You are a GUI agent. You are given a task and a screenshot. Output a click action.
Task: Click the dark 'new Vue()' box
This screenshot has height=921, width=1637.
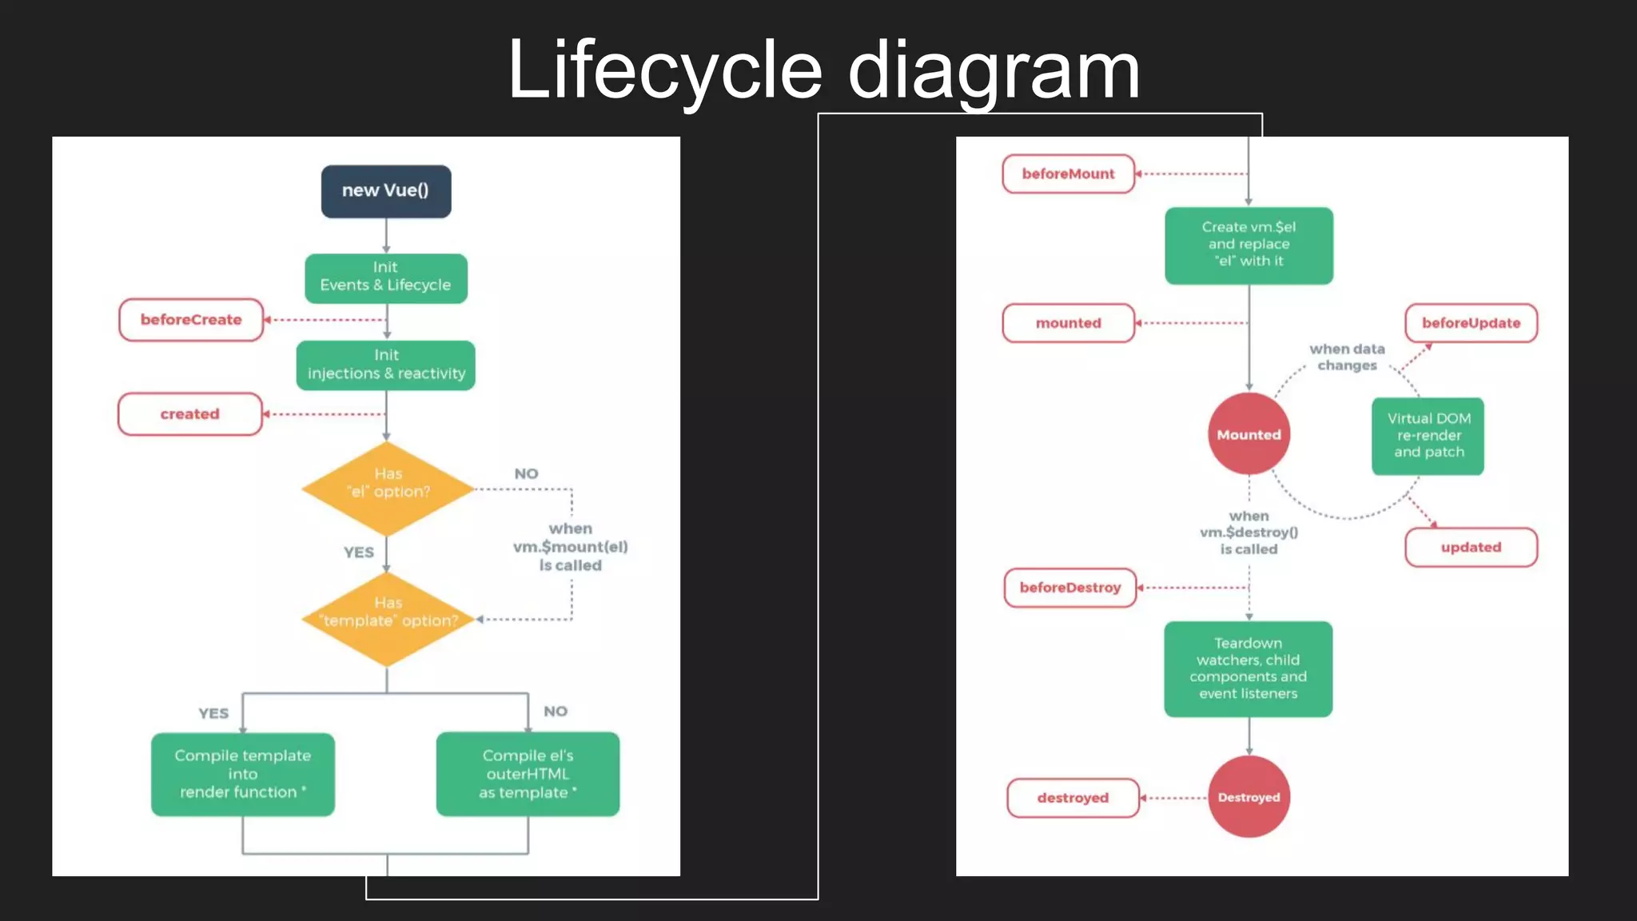[x=386, y=191]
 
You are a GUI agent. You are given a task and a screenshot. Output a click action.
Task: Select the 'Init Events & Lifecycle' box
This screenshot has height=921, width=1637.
[x=386, y=277]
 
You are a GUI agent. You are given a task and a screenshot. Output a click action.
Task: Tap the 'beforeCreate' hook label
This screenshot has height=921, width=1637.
[x=191, y=320]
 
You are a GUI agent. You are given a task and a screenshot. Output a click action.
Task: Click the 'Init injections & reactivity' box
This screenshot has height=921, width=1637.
[x=386, y=365]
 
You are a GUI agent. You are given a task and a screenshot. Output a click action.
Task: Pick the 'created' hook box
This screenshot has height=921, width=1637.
[x=190, y=414]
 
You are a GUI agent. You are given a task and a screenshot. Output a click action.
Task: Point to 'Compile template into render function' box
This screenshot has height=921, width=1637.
[x=243, y=774]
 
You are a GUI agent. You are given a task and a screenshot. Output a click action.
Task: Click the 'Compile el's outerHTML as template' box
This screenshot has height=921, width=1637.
[x=528, y=774]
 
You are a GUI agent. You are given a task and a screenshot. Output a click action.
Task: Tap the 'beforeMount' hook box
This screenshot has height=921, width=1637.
[x=1068, y=173]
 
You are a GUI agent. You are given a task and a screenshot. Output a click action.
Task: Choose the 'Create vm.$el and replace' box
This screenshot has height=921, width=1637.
[x=1249, y=245]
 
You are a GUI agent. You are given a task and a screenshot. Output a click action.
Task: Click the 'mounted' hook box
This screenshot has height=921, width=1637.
[x=1068, y=323]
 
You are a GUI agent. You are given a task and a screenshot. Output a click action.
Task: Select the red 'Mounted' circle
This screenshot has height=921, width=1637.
[x=1249, y=434]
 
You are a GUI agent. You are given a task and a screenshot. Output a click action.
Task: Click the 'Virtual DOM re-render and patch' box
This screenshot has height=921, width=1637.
[x=1428, y=436]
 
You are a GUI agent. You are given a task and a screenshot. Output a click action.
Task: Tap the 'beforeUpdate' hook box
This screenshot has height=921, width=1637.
[x=1471, y=323]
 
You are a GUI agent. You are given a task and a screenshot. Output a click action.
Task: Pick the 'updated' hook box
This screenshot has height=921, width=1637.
[x=1471, y=548]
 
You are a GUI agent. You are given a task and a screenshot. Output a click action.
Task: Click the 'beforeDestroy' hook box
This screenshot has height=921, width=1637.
[x=1070, y=588]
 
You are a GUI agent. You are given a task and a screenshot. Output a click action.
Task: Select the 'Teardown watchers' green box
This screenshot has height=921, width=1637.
[x=1249, y=668]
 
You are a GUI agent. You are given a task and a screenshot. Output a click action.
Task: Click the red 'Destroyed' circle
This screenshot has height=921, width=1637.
[x=1249, y=797]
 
